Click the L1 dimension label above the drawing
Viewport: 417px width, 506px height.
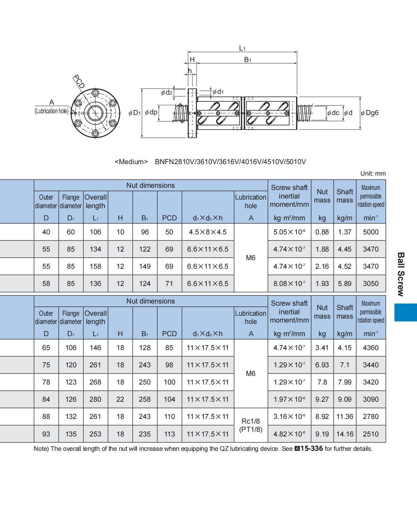(242, 48)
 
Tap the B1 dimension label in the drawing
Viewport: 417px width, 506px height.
(247, 59)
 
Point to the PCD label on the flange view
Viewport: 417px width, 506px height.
(79, 81)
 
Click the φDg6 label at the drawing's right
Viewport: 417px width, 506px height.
(369, 113)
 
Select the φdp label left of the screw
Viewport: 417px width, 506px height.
(151, 112)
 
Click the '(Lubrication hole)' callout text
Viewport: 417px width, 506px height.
(52, 111)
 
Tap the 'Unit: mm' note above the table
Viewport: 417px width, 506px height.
(373, 173)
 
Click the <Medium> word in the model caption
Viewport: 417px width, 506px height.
(131, 162)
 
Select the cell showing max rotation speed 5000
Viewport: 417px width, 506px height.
(371, 232)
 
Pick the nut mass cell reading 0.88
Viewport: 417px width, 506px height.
(322, 232)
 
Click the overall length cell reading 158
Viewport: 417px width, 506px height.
(95, 266)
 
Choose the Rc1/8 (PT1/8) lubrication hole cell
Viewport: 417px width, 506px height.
(251, 425)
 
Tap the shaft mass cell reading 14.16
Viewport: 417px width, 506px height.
(345, 434)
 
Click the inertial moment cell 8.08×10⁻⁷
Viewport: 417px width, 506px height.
(289, 283)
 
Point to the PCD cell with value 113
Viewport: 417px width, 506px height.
(169, 434)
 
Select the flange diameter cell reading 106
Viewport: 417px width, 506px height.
(71, 348)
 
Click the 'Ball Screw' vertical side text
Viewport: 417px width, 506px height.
(401, 275)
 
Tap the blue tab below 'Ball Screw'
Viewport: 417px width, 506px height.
(406, 312)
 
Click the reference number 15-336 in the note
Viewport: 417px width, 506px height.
(312, 449)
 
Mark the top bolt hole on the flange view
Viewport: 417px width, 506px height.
(96, 93)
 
